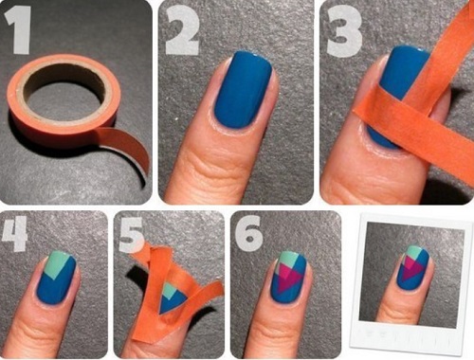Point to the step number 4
click(14, 234)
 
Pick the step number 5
click(131, 235)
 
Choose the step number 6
click(248, 234)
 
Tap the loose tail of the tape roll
click(126, 149)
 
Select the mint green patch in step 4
click(59, 263)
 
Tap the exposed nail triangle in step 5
click(173, 297)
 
